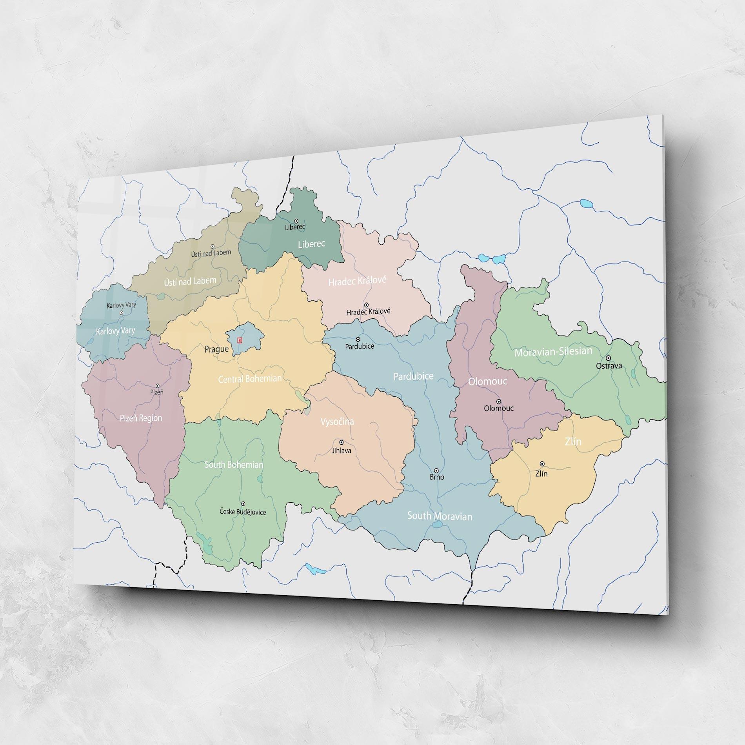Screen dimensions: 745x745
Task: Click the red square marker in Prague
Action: tap(240, 340)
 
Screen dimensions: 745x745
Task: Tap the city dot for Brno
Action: tap(436, 470)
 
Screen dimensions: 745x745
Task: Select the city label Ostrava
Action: tap(609, 366)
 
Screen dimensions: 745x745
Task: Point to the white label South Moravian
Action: tap(440, 516)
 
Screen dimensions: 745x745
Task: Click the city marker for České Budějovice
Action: tap(243, 503)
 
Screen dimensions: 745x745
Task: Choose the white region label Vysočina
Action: tap(337, 422)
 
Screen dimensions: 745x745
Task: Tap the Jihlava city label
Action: tap(342, 451)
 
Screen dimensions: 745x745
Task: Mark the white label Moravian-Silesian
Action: tap(553, 351)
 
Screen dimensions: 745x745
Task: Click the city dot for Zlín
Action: tap(542, 464)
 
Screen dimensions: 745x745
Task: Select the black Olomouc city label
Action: tap(498, 408)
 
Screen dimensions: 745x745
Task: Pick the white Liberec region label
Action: tap(311, 244)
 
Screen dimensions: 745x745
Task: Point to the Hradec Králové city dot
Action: tap(366, 305)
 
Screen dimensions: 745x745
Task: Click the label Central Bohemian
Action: tap(250, 379)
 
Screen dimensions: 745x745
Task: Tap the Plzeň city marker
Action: tap(158, 386)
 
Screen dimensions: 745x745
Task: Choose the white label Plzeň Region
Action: tap(141, 418)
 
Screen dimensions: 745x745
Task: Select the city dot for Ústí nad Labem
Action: tap(213, 246)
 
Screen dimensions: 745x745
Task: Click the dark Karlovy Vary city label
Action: tap(121, 305)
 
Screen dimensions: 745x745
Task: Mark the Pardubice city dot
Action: tap(358, 340)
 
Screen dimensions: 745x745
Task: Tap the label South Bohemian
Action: tap(234, 465)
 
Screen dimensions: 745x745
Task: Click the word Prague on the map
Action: tap(216, 349)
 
